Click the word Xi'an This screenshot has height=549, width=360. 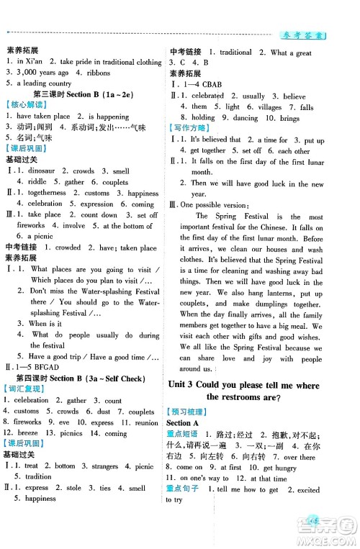coord(34,63)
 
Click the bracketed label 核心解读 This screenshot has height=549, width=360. coord(22,105)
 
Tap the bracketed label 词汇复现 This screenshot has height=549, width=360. coord(22,379)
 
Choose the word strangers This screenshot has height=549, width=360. coord(98,466)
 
